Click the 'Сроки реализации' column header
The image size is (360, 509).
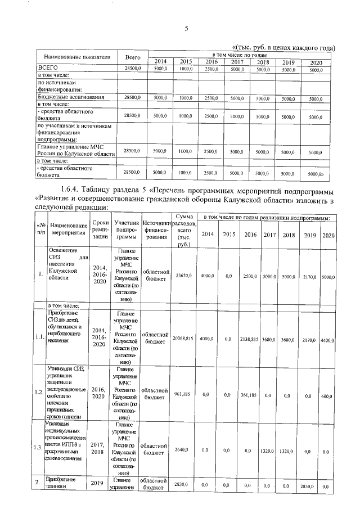[x=100, y=231]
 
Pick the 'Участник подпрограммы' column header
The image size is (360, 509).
[x=126, y=231]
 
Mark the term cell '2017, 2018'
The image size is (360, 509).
[x=99, y=447]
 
